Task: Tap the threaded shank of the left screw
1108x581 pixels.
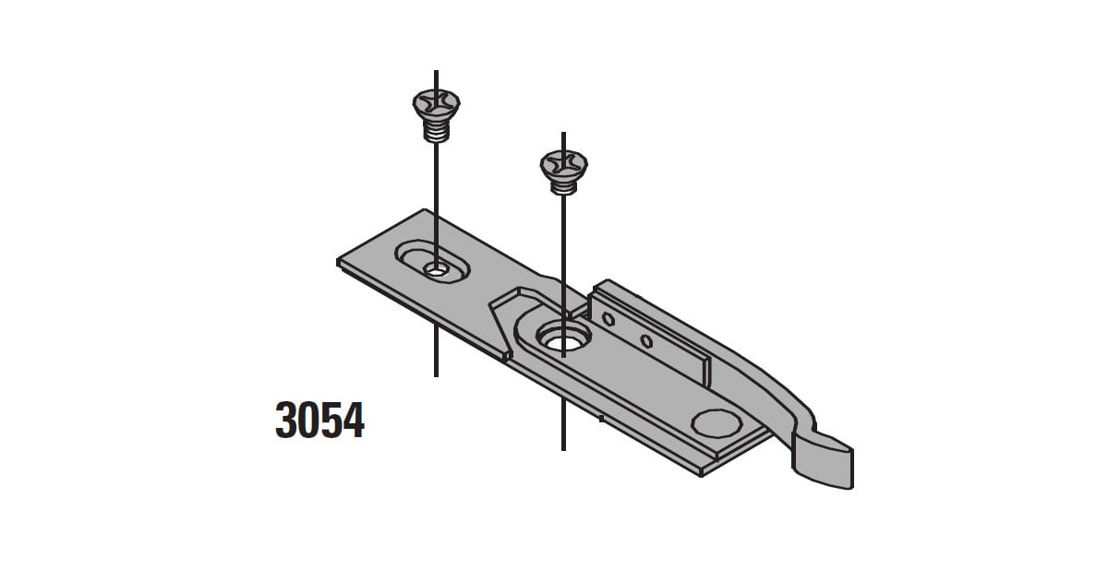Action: click(x=435, y=133)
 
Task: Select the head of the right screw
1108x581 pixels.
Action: click(x=563, y=165)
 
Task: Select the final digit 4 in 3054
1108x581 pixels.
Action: click(x=354, y=420)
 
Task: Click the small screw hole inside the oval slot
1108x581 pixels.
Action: click(x=436, y=269)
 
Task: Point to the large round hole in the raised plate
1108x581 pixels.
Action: click(x=560, y=338)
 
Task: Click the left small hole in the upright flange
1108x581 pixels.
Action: click(x=608, y=319)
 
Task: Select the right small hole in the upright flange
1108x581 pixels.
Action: click(x=646, y=342)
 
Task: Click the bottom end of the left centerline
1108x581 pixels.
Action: click(x=435, y=374)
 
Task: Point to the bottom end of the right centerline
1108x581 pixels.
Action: click(x=563, y=448)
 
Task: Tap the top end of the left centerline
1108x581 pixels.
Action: click(x=435, y=72)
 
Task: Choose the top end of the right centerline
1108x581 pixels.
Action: click(x=563, y=134)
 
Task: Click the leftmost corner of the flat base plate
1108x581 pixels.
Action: click(x=339, y=263)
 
